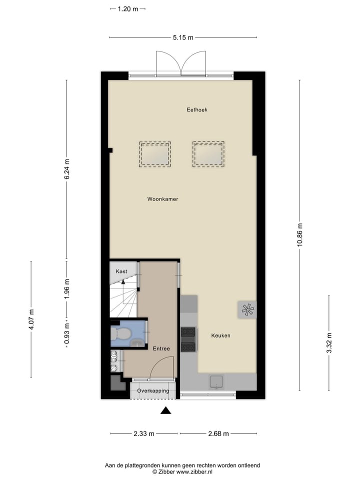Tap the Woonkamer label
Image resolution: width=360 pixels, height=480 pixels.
(x=162, y=199)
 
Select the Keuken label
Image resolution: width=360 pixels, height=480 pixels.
(x=220, y=335)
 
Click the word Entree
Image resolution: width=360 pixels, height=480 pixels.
(x=161, y=348)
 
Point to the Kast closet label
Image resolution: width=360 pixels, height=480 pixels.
(x=121, y=271)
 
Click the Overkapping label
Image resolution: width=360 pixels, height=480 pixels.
(x=153, y=390)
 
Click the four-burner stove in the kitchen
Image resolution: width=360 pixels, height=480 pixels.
(x=188, y=339)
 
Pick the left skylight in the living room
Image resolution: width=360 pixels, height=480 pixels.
(x=154, y=153)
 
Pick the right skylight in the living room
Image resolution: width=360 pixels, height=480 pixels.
(x=208, y=153)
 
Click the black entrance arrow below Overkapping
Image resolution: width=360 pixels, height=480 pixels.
(x=165, y=410)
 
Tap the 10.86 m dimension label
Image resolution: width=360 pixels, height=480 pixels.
(x=299, y=234)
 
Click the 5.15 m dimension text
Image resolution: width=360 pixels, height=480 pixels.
(x=183, y=37)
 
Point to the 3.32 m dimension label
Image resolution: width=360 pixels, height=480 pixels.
(x=328, y=343)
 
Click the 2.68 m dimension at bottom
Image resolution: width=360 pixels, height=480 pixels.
(x=218, y=433)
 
